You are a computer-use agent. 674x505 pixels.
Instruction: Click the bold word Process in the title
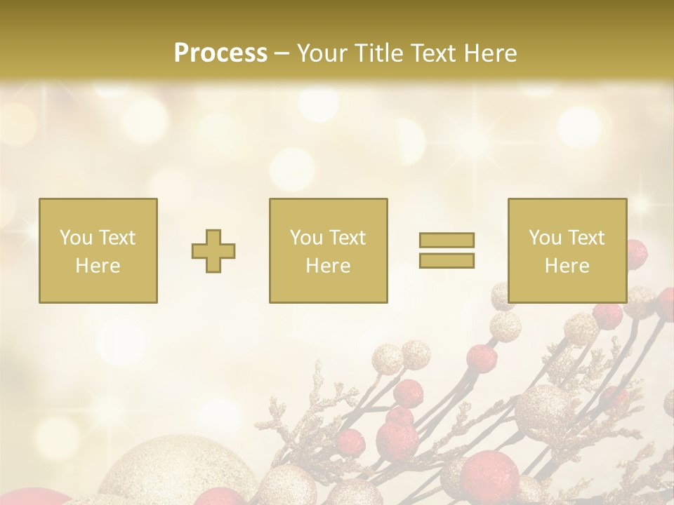tap(220, 53)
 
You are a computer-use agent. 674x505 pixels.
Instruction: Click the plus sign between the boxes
tap(213, 250)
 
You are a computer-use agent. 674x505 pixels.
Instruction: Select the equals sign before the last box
tap(447, 250)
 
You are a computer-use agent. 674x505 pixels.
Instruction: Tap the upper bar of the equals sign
tap(447, 240)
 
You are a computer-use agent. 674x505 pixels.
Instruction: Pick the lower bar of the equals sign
tap(447, 261)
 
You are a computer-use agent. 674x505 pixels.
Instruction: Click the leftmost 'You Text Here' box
tap(98, 250)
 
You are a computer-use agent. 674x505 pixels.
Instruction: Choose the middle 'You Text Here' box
tap(329, 250)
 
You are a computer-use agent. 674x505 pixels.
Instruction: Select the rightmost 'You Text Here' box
tap(567, 250)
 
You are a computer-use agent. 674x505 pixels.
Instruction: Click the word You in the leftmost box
tap(75, 238)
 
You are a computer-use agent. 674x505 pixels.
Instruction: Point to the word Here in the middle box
tap(329, 266)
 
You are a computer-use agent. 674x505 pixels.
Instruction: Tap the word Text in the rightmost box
tap(588, 238)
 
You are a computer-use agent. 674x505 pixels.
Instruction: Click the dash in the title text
tap(282, 54)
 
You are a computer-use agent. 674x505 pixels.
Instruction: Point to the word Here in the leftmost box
tap(98, 266)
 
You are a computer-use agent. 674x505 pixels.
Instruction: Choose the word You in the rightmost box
tap(545, 238)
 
